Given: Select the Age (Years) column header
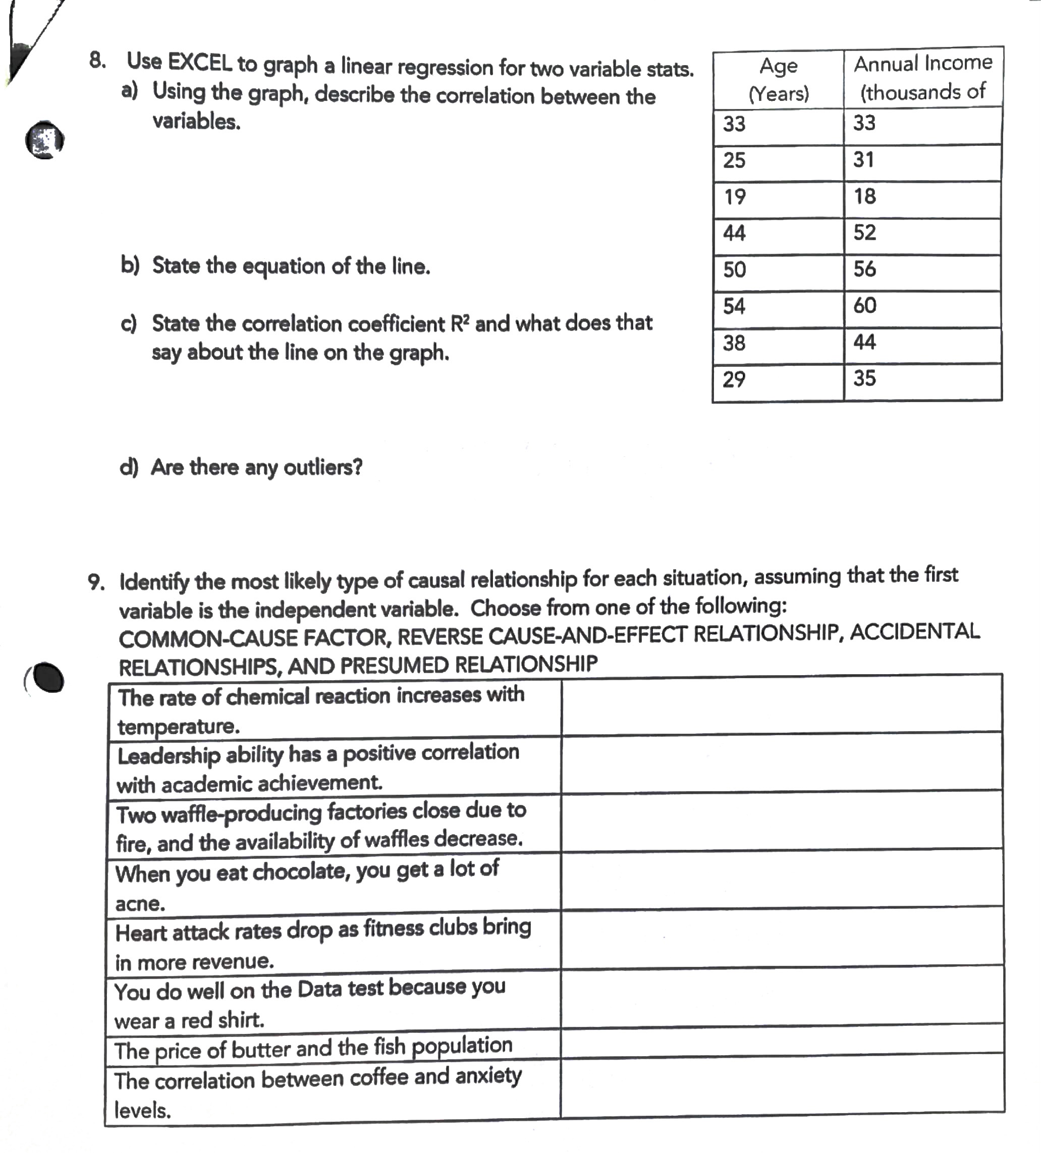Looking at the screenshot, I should coord(779,79).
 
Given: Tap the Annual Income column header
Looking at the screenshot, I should coord(922,77).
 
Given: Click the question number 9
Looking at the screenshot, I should coord(96,583).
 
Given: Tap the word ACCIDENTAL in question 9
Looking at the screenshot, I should coord(914,631).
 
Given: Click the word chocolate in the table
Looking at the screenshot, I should coord(301,872).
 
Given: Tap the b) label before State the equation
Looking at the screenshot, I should coord(130,266).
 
